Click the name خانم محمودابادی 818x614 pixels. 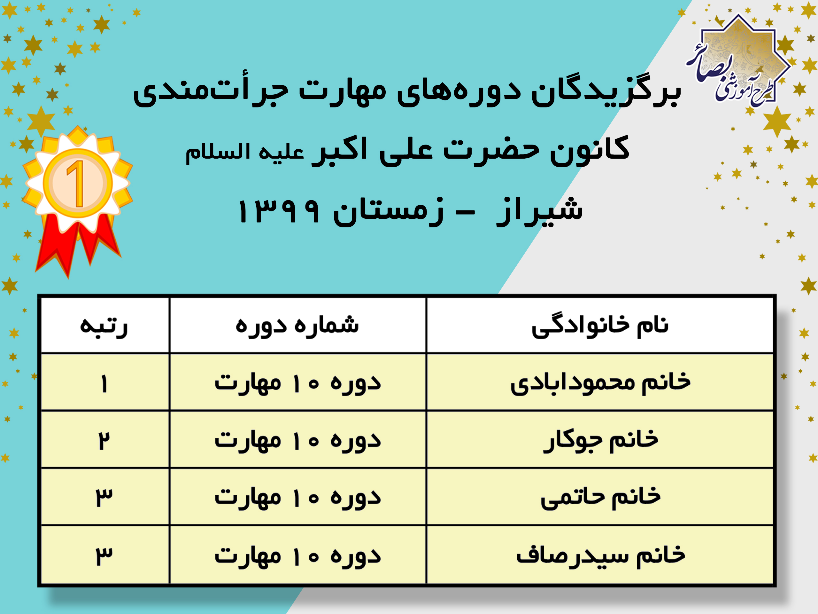click(x=600, y=383)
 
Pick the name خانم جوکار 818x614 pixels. click(x=600, y=441)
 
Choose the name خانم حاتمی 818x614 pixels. click(x=600, y=498)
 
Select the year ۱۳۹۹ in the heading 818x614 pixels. click(x=278, y=211)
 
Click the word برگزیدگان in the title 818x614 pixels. click(x=606, y=91)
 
